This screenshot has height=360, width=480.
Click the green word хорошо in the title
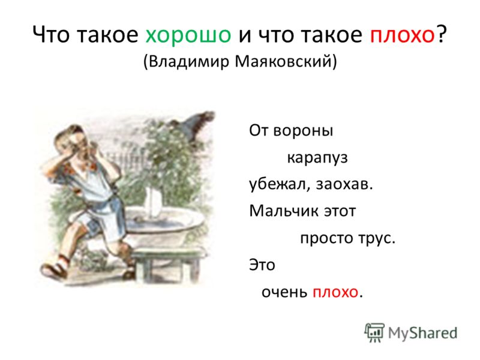188,35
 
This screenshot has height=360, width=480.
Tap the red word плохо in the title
402,34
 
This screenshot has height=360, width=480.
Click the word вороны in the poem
303,131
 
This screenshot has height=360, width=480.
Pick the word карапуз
317,158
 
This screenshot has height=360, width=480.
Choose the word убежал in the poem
280,184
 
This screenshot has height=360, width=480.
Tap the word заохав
344,184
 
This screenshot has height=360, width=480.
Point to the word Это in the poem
262,265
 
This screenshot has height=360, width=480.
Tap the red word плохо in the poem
335,292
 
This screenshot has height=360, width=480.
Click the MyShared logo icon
374,333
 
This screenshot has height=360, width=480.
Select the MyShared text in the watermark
423,333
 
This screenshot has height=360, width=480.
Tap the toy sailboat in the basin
153,203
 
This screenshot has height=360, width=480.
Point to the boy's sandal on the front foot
55,269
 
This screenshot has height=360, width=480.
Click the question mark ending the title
441,34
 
